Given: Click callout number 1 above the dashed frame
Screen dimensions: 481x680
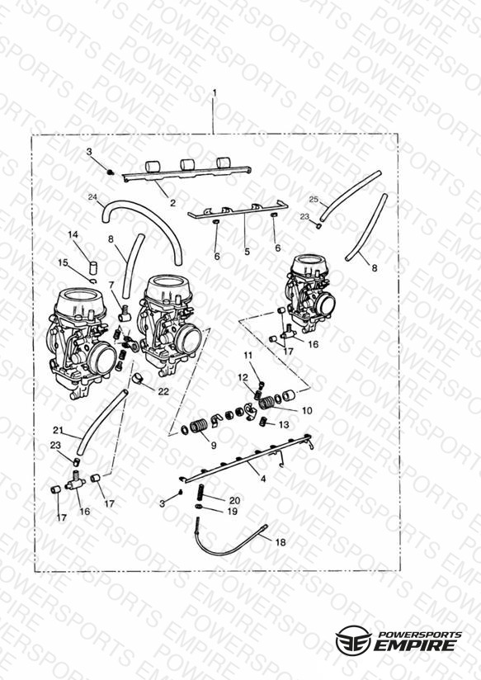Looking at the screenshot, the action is coord(215,92).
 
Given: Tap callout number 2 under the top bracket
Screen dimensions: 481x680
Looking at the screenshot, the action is coord(172,202).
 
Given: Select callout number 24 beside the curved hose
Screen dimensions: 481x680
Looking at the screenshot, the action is coord(92,197).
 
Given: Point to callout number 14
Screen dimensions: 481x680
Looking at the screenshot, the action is coord(73,234).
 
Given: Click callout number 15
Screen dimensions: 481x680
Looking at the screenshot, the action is coord(63,262).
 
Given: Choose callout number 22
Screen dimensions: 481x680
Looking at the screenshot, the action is coord(163,391).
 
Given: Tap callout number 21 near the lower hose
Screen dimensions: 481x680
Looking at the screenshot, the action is coord(58,430).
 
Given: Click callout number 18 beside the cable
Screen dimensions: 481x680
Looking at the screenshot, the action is coord(281,542).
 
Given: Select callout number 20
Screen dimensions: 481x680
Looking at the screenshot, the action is coord(234,500).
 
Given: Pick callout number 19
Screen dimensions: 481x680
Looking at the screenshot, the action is coord(233,512).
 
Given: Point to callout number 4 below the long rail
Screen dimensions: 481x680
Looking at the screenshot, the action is coord(263,479).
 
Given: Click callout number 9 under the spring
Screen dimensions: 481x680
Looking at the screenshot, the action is coord(214,445).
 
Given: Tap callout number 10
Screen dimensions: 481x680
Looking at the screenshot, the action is coord(307,410).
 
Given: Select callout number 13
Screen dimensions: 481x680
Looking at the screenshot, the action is coord(284,424).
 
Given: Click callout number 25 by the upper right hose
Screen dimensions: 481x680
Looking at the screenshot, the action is coord(314,200).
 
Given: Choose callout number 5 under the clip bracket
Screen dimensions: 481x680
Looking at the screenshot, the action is coord(247,251).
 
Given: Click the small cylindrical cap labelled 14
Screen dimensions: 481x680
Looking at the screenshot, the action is coord(92,267).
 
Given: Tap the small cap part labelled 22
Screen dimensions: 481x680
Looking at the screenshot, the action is coord(139,378).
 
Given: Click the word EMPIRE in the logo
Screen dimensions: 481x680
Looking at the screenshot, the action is coord(414,645).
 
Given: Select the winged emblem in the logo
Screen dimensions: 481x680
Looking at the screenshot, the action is coord(353,640).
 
